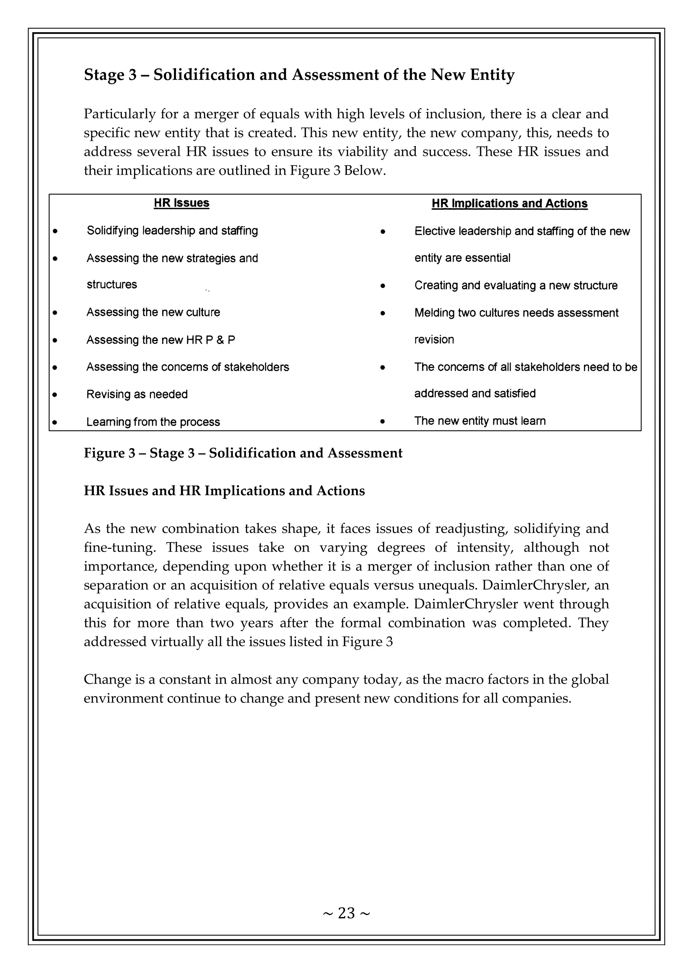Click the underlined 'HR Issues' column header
coord(181,203)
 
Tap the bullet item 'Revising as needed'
coord(137,394)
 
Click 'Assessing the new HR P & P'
coord(160,340)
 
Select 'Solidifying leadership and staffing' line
coord(172,230)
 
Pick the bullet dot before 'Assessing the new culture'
coord(54,313)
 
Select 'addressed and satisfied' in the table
coord(474,393)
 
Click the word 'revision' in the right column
coord(434,339)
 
